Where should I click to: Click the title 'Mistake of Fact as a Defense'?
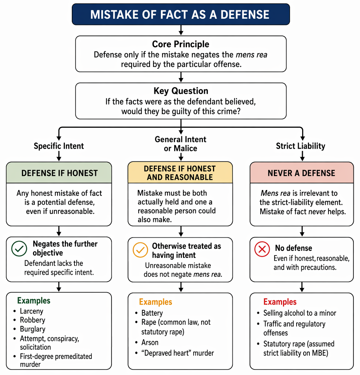pyautogui.click(x=180, y=15)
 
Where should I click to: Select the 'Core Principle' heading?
pyautogui.click(x=181, y=44)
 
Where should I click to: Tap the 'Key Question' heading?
pyautogui.click(x=181, y=91)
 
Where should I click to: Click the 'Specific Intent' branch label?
pyautogui.click(x=59, y=146)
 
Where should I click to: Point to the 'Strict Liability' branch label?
pyautogui.click(x=301, y=146)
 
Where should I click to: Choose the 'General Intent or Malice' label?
pyautogui.click(x=180, y=144)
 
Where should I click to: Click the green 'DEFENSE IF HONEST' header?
pyautogui.click(x=59, y=173)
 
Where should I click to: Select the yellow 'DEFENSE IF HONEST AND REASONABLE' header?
pyautogui.click(x=180, y=172)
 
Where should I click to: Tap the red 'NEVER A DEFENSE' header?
pyautogui.click(x=302, y=173)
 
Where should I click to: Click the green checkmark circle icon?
pyautogui.click(x=19, y=249)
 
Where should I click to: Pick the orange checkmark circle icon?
pyautogui.click(x=140, y=250)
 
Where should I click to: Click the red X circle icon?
pyautogui.click(x=262, y=249)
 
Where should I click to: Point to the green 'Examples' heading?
pyautogui.click(x=34, y=301)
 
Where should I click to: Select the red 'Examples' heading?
pyautogui.click(x=280, y=302)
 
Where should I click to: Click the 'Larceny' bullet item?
pyautogui.click(x=32, y=311)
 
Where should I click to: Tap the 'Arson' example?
pyautogui.click(x=150, y=342)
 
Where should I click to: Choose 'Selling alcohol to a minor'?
pyautogui.click(x=300, y=313)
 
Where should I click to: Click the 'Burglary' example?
pyautogui.click(x=33, y=329)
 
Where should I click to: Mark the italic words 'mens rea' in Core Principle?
pyautogui.click(x=251, y=55)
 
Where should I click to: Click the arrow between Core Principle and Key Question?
pyautogui.click(x=181, y=77)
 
